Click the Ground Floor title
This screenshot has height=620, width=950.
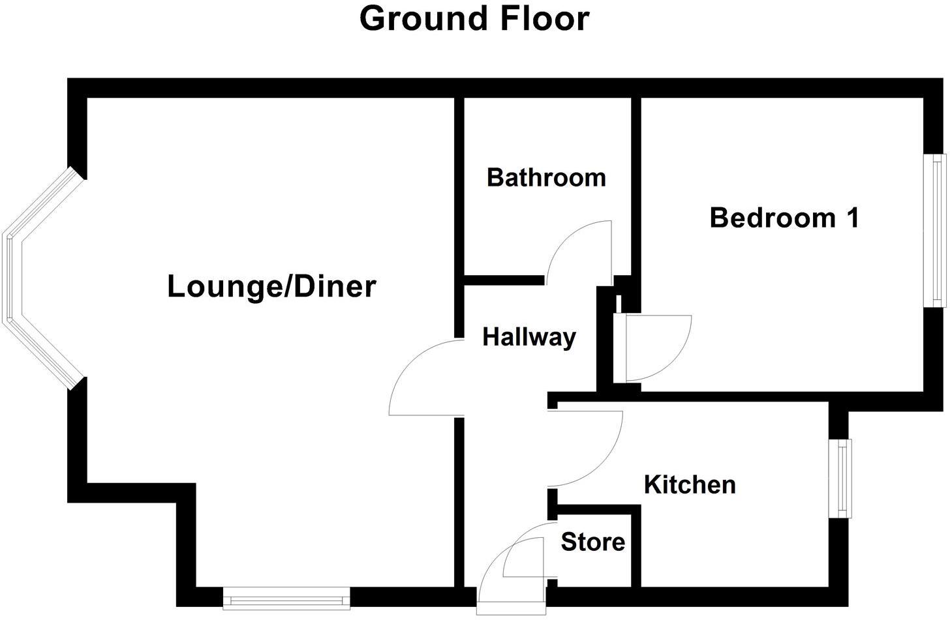[x=474, y=18]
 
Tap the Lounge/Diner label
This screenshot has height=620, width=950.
[x=271, y=287]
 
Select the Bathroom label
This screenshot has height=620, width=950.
[x=546, y=177]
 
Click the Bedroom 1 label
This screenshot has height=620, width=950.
[x=784, y=218]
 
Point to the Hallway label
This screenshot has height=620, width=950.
[x=529, y=337]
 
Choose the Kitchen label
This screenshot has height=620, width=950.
[x=690, y=484]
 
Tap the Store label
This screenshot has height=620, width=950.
[x=592, y=542]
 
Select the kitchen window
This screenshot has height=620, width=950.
[x=844, y=479]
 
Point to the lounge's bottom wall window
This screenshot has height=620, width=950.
[x=286, y=598]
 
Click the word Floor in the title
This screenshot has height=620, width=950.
[x=544, y=18]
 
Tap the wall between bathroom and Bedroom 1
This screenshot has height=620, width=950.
[x=636, y=189]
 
